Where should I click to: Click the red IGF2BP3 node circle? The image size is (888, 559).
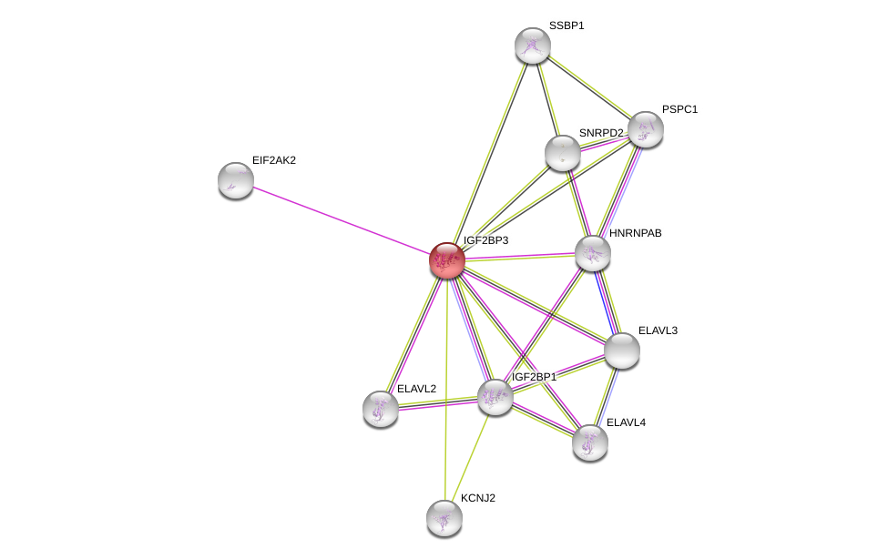pyautogui.click(x=447, y=260)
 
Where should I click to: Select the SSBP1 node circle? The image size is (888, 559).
pyautogui.click(x=533, y=46)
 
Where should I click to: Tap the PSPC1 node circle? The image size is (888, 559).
pyautogui.click(x=645, y=129)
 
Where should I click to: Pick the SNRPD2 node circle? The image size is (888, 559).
pyautogui.click(x=563, y=153)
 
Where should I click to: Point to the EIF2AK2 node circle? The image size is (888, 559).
pyautogui.click(x=236, y=180)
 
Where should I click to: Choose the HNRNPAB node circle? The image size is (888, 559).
pyautogui.click(x=592, y=253)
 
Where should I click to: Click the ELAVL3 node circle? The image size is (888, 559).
pyautogui.click(x=622, y=351)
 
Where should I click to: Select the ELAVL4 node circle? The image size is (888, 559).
pyautogui.click(x=590, y=442)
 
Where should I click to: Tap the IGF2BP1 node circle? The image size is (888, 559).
pyautogui.click(x=495, y=397)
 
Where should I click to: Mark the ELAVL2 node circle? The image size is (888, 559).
pyautogui.click(x=381, y=409)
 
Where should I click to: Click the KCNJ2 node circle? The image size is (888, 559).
pyautogui.click(x=444, y=518)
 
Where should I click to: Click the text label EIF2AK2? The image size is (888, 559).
pyautogui.click(x=273, y=160)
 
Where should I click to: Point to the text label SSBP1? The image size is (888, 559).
pyautogui.click(x=566, y=25)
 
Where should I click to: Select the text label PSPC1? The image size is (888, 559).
pyautogui.click(x=679, y=109)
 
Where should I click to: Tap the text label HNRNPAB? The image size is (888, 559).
pyautogui.click(x=635, y=233)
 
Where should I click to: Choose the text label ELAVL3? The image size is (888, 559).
pyautogui.click(x=657, y=330)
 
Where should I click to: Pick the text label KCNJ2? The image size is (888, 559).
pyautogui.click(x=477, y=498)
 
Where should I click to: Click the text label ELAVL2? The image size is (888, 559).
pyautogui.click(x=416, y=389)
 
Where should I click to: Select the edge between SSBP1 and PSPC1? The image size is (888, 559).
pyautogui.click(x=589, y=87)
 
